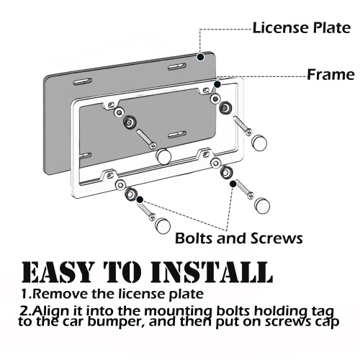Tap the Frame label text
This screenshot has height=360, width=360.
tap(330, 74)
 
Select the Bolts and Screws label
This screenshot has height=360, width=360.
tap(239, 238)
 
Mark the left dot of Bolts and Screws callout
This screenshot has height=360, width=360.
tap(139, 199)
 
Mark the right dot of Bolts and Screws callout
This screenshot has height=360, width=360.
tap(233, 184)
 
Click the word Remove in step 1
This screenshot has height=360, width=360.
tap(62, 294)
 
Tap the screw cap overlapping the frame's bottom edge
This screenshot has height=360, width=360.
tap(163, 156)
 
